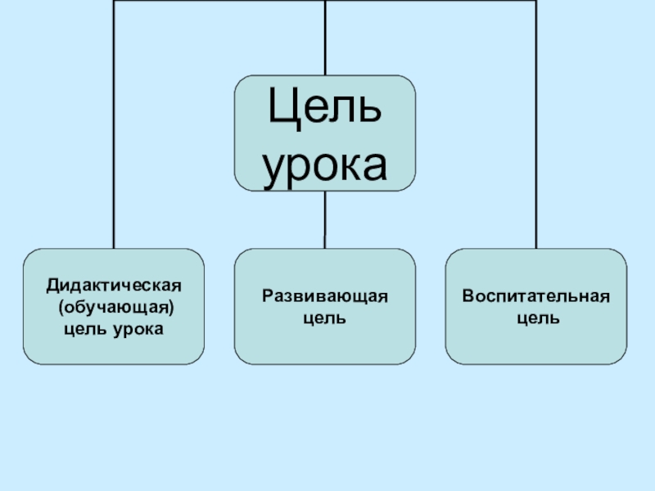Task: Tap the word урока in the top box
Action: pos(325,164)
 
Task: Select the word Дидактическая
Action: pos(113,286)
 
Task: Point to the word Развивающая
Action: pos(324,295)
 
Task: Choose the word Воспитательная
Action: pos(536,295)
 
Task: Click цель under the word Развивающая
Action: pos(324,317)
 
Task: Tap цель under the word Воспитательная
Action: pos(537,317)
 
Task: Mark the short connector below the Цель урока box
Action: pos(325,219)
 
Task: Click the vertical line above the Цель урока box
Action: pos(325,38)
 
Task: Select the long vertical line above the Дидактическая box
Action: pos(113,123)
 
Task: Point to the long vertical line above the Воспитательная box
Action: pos(536,123)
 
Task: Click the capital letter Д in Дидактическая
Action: pos(52,286)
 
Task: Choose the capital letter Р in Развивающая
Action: pos(267,295)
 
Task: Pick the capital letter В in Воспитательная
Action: pos(468,295)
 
